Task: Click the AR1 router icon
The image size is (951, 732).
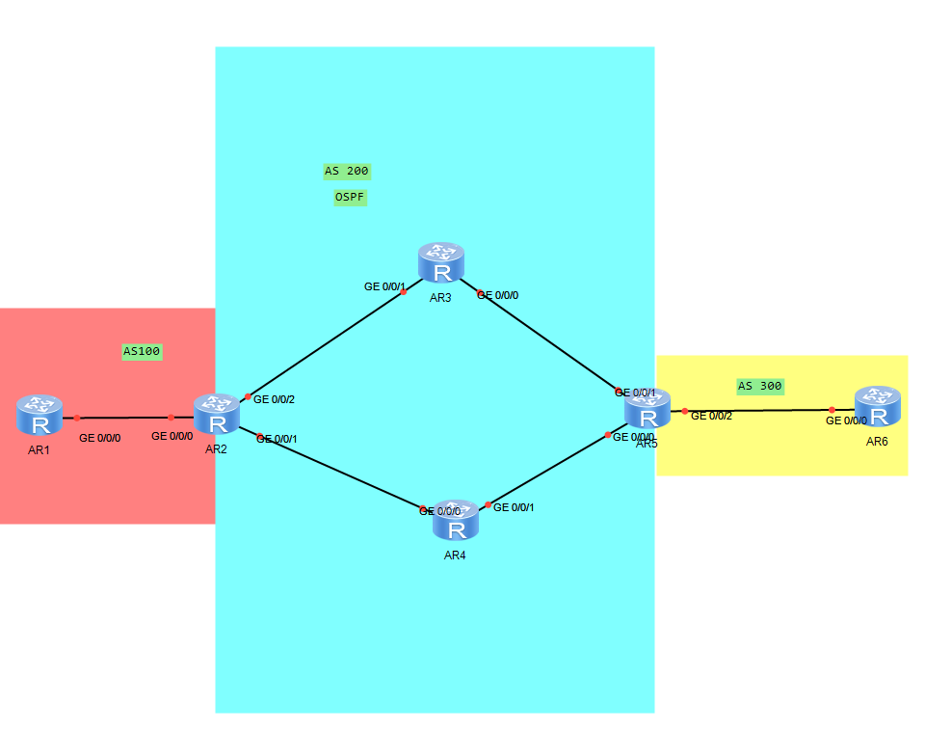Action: tap(40, 414)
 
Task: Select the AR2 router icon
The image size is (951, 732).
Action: tap(217, 414)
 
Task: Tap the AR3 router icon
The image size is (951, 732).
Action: tap(441, 263)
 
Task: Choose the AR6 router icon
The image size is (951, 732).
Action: tap(877, 406)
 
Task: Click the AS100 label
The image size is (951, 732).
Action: tap(142, 351)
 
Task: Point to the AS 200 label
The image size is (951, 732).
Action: tap(347, 171)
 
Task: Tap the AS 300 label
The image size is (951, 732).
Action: tap(759, 386)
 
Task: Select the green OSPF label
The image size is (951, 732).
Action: tap(350, 197)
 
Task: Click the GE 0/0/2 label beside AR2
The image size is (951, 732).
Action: tap(274, 399)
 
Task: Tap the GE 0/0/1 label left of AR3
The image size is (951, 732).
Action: tap(383, 286)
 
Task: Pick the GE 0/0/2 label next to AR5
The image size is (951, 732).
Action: tap(711, 416)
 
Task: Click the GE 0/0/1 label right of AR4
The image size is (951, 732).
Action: tap(514, 507)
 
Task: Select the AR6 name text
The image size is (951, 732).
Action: tap(877, 442)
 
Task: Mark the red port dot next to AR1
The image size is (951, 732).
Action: tap(76, 418)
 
